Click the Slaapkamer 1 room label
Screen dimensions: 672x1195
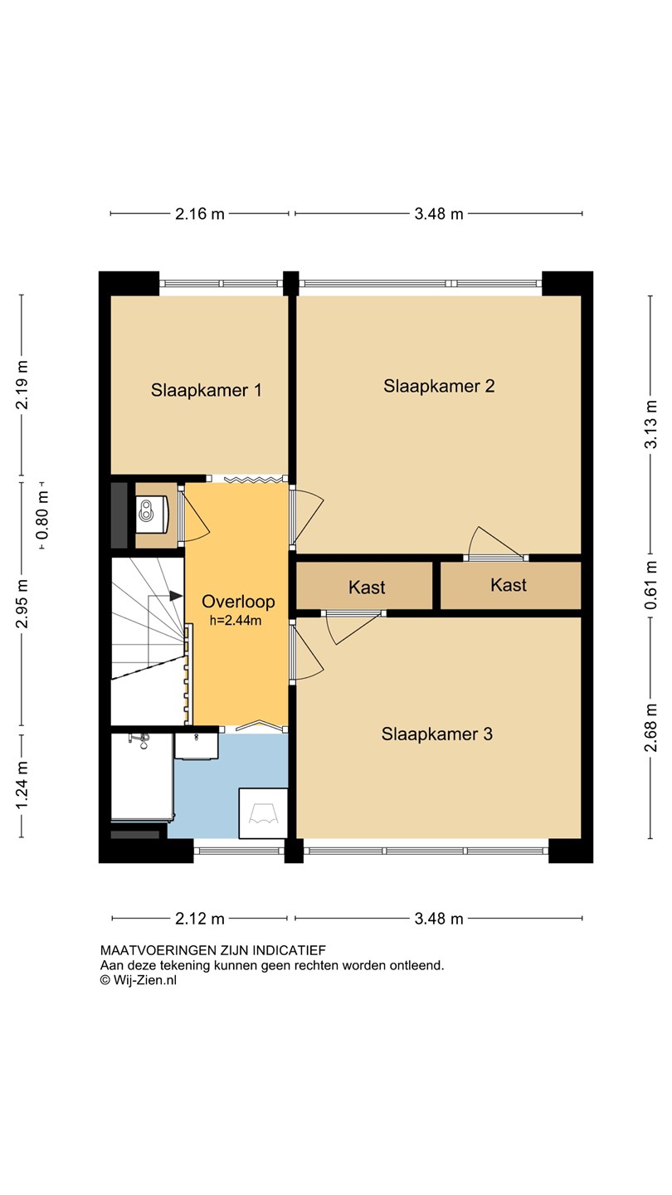coord(207,390)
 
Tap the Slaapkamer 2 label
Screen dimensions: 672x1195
coord(439,386)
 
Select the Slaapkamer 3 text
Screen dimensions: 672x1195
coord(436,734)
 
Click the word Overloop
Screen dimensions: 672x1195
coord(238,602)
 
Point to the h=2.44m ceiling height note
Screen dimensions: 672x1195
coord(236,621)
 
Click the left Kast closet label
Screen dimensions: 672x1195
coord(367,588)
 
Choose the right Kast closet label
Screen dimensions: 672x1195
coord(509,585)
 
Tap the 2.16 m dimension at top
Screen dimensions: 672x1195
coord(200,214)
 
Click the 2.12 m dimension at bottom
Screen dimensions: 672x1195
coord(200,919)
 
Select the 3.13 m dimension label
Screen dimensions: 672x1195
coord(651,424)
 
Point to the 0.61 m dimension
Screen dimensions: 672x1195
coord(651,585)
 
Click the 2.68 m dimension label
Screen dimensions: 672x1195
coord(651,727)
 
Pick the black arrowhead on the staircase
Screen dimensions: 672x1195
coord(176,596)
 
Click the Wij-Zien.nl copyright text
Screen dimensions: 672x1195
coord(139,980)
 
